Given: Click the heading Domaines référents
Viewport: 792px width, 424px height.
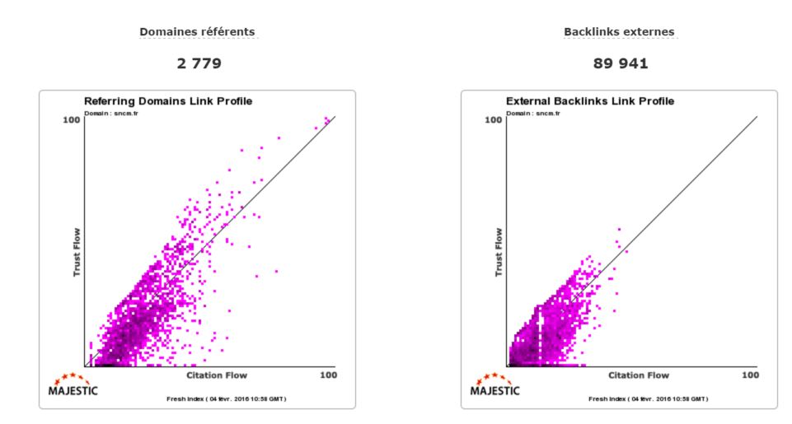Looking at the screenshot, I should click(x=197, y=32).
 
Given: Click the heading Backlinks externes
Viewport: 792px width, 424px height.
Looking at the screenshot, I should click(x=619, y=32).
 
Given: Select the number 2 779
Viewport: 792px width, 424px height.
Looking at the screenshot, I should click(x=197, y=63).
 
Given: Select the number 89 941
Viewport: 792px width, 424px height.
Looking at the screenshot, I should click(x=619, y=63).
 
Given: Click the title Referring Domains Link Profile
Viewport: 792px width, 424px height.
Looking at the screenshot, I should click(x=168, y=101).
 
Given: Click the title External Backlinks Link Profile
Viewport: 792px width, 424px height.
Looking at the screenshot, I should click(x=590, y=101).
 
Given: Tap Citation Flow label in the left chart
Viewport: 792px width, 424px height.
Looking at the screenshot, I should click(x=217, y=375).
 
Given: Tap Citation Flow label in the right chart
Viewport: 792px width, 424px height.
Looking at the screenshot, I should click(x=639, y=375).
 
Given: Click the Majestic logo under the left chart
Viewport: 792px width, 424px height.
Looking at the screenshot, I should click(x=74, y=385).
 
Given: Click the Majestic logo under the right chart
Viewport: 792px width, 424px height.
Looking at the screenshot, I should click(x=496, y=385).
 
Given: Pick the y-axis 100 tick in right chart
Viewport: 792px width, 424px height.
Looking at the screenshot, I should click(x=492, y=120).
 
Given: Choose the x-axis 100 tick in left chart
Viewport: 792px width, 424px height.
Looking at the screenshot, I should click(x=328, y=375).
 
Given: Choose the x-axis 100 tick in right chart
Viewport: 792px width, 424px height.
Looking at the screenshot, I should click(x=750, y=375).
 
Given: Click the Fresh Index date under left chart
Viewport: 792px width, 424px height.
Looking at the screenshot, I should click(x=226, y=398).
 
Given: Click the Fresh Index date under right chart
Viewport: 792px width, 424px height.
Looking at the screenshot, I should click(x=648, y=398).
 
